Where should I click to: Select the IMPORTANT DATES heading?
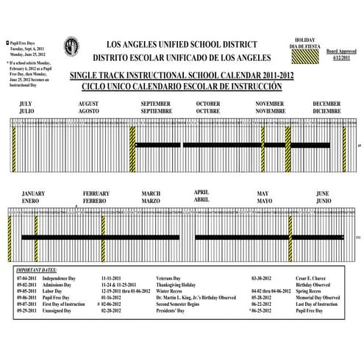(40, 271)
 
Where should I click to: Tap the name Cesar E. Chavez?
(315, 279)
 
